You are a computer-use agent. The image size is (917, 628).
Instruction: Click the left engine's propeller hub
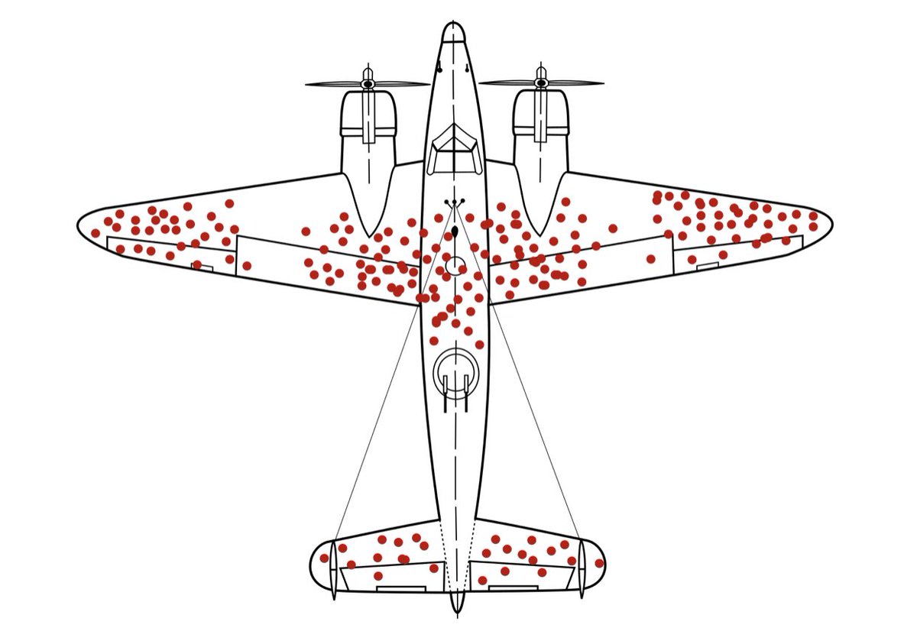(368, 83)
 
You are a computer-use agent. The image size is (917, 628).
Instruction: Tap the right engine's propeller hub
(541, 83)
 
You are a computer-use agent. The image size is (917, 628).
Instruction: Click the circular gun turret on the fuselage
(455, 374)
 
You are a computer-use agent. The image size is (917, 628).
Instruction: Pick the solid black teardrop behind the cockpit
(455, 230)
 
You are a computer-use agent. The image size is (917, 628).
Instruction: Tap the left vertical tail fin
(333, 568)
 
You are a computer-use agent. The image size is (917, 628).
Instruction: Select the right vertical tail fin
(582, 568)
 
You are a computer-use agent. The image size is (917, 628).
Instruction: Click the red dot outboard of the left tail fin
(324, 558)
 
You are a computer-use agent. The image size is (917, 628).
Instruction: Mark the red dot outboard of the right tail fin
(599, 563)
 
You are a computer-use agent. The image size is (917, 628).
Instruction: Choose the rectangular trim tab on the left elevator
(400, 589)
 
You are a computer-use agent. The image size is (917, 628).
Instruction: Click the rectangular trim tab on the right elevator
(512, 588)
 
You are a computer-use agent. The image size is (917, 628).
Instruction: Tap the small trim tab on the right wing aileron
(708, 266)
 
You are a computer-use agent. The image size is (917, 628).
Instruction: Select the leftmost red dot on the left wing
(96, 233)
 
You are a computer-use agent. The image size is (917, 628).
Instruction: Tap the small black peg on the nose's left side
(439, 70)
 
